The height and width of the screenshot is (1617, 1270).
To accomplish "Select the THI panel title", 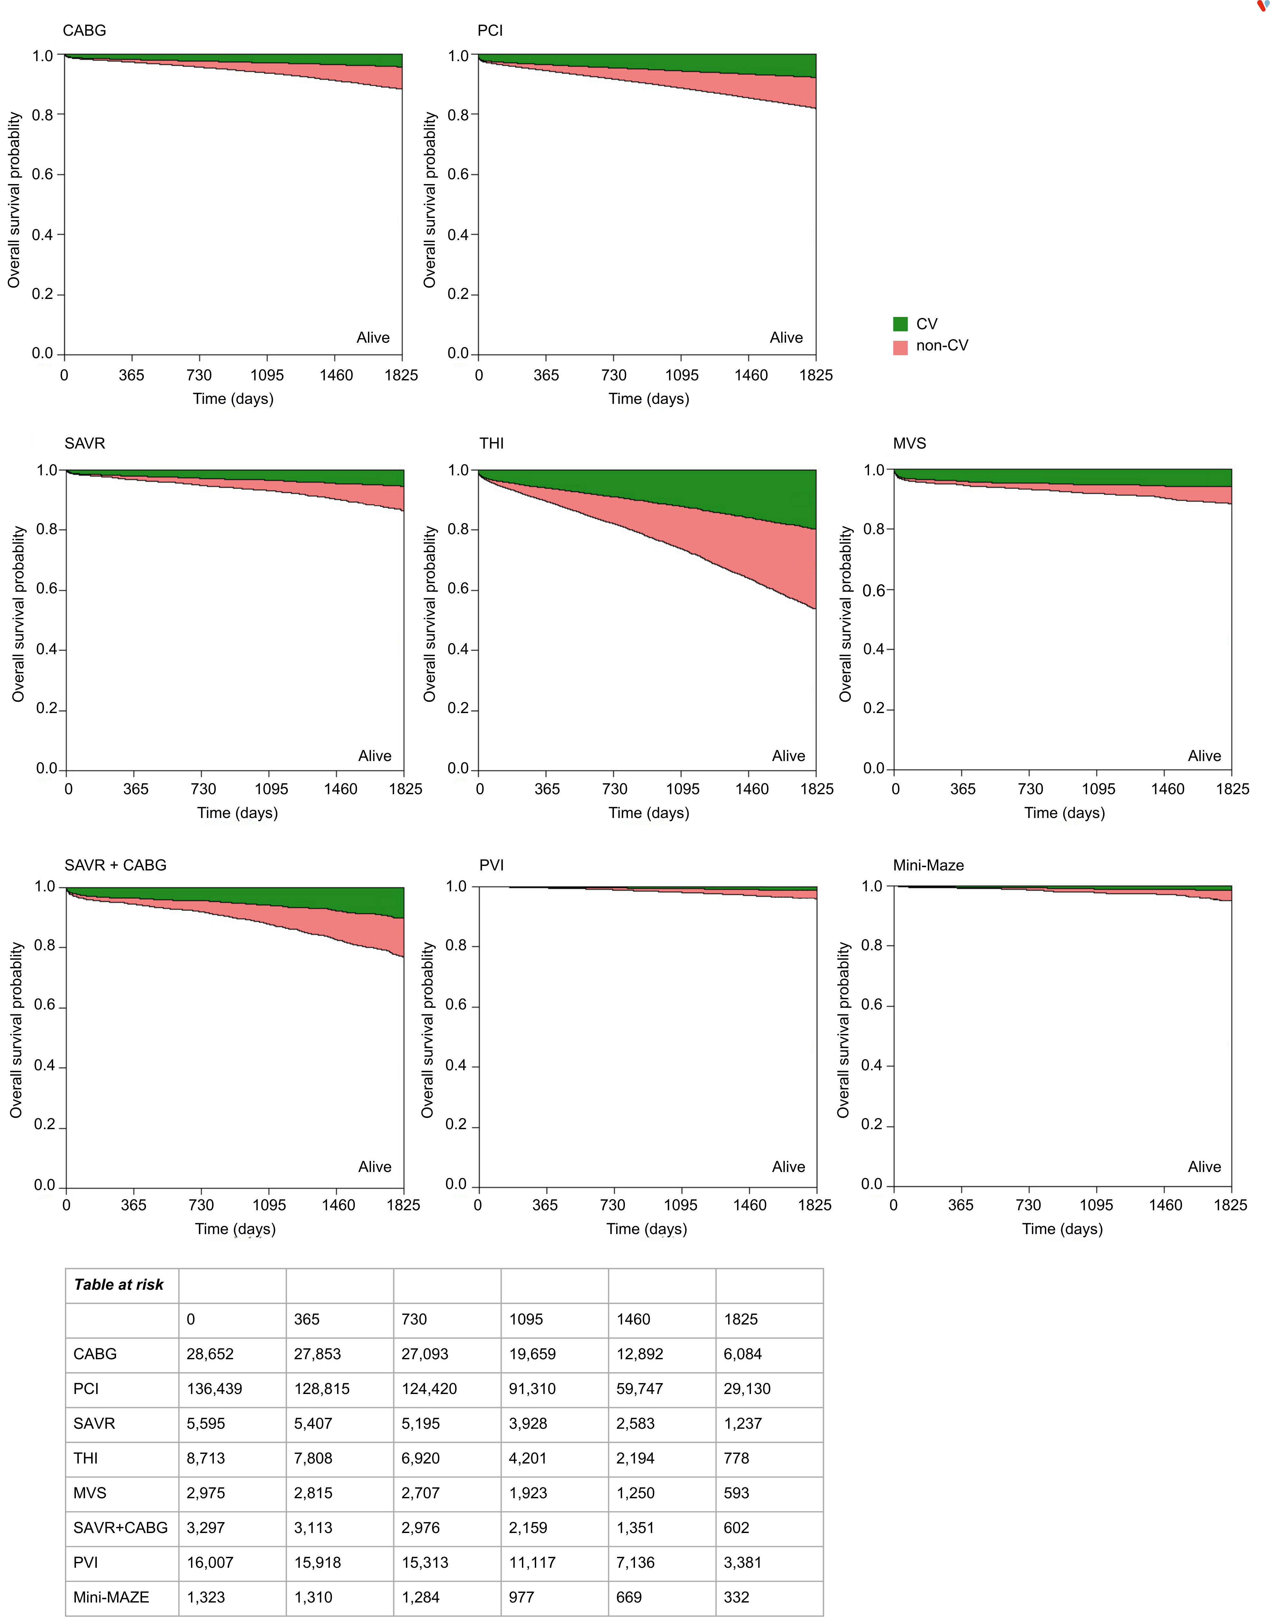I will [x=491, y=443].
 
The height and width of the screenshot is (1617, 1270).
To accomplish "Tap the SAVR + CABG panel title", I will [x=115, y=865].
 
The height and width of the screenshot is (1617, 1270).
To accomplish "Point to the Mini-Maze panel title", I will [x=928, y=865].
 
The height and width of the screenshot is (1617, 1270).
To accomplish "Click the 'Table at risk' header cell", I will [x=119, y=1285].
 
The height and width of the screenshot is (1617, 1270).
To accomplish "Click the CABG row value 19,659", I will [x=532, y=1354].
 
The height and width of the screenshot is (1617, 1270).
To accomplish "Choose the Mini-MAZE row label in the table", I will [x=111, y=1597].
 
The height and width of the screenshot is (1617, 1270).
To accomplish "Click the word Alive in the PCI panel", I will [x=786, y=338].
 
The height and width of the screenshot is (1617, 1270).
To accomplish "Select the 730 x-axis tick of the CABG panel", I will [x=199, y=375].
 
